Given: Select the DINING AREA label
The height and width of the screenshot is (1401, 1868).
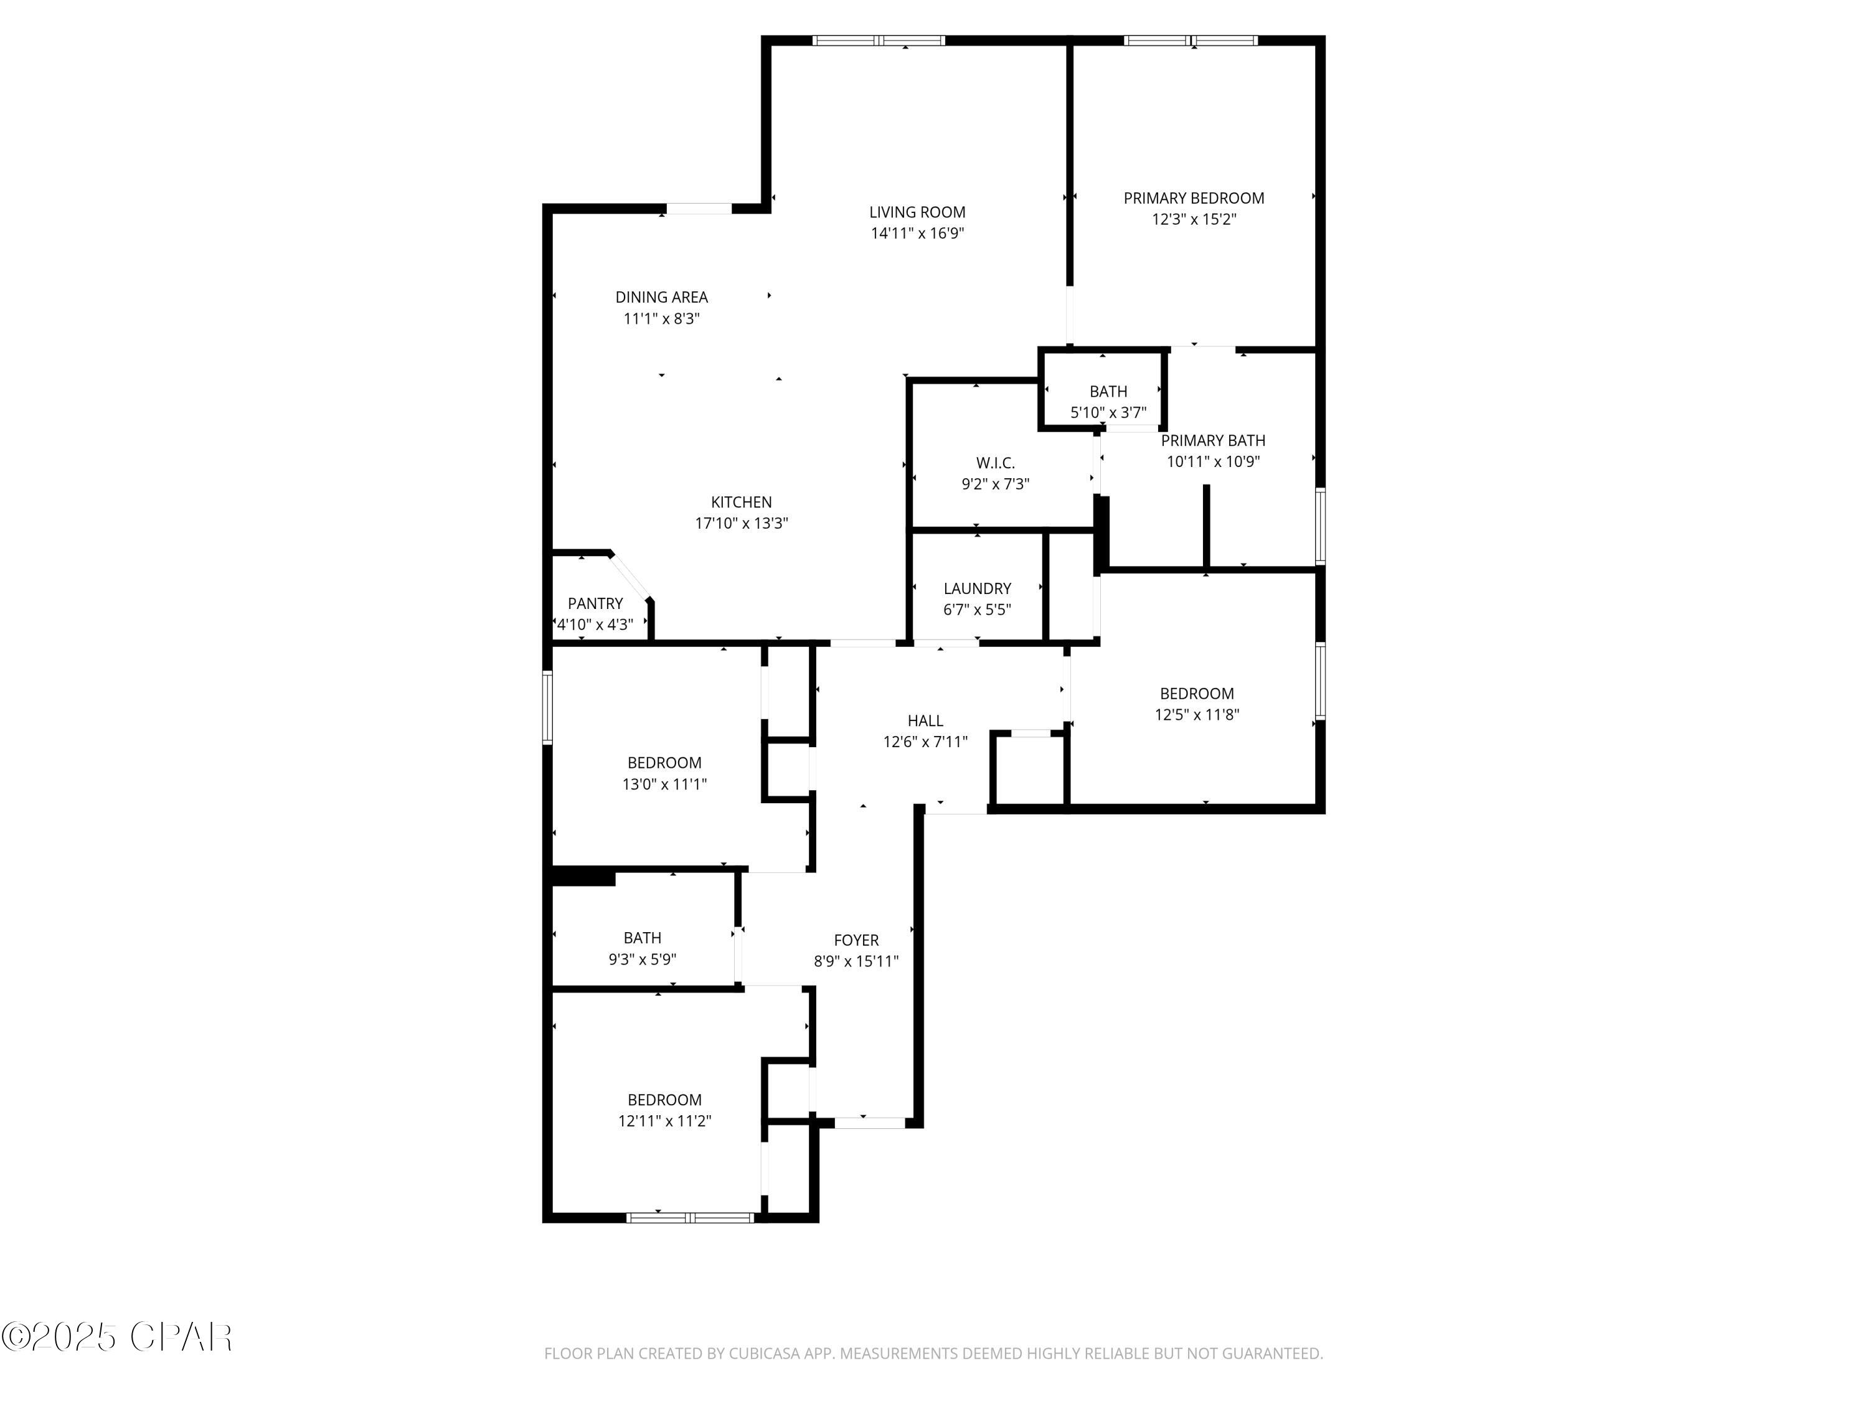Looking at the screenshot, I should [661, 297].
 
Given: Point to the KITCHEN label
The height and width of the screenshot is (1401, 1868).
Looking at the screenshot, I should [740, 502].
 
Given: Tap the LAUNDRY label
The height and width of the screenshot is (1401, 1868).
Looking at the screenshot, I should [977, 588].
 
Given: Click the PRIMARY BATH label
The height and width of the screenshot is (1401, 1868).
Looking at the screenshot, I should [1213, 441].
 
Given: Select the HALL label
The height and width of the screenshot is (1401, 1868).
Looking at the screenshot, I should [925, 721].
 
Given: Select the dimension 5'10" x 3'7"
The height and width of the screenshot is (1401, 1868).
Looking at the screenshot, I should [1108, 413].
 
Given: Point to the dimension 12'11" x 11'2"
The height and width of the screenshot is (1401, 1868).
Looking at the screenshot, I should [664, 1121].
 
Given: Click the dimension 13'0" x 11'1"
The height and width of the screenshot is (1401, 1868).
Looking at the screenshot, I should [664, 785].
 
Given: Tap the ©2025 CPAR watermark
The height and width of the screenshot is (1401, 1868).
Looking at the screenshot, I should [116, 1337].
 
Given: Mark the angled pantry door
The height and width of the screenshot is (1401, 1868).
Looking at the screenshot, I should [631, 576].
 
